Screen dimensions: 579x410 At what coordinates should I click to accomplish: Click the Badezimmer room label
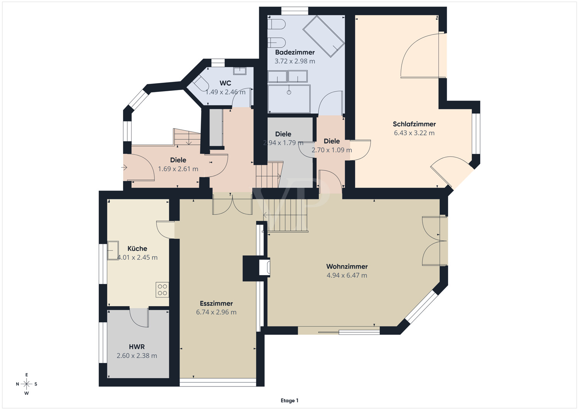[295, 52]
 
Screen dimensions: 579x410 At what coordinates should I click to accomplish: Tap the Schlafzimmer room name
[414, 124]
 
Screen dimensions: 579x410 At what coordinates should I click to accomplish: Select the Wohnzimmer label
[347, 266]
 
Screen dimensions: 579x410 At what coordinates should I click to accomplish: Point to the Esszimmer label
[216, 303]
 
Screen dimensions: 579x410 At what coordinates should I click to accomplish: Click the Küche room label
[137, 248]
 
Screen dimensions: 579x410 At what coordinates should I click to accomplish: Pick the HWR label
[137, 347]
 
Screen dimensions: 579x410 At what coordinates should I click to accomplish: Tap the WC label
[225, 83]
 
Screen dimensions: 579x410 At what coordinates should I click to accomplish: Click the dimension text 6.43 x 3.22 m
[414, 133]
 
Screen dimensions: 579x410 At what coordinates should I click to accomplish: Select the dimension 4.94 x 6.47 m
[347, 276]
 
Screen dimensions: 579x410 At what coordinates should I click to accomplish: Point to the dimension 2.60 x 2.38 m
[137, 356]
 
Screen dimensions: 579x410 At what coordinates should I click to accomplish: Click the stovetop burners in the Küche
[163, 290]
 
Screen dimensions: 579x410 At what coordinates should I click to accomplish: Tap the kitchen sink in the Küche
[113, 250]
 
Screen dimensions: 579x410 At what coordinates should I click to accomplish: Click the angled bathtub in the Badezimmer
[323, 36]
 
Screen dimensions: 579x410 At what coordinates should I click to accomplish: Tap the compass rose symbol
[26, 384]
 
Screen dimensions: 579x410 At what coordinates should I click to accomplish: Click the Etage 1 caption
[289, 400]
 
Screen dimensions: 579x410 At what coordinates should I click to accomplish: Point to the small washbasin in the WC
[240, 71]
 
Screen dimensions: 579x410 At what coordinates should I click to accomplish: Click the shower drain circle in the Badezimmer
[289, 92]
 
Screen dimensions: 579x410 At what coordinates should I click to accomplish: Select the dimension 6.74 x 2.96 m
[216, 312]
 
